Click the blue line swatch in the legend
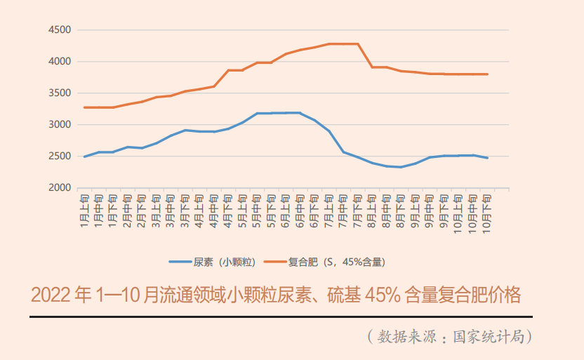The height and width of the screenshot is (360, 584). (x=180, y=262)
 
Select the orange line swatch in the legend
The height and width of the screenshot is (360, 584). (x=274, y=262)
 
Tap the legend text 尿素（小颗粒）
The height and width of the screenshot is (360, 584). (x=219, y=262)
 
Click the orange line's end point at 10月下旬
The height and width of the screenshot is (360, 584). (x=487, y=74)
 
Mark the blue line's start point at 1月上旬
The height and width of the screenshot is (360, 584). (x=84, y=156)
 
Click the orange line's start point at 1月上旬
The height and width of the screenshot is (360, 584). (x=84, y=107)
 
